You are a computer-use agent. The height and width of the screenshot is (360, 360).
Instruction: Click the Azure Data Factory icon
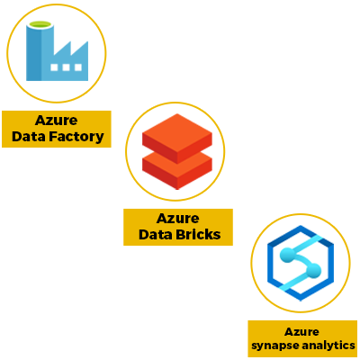click(x=57, y=51)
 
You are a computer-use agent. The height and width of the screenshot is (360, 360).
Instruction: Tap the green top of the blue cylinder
click(x=40, y=24)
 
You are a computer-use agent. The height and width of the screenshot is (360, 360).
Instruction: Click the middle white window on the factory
click(x=66, y=67)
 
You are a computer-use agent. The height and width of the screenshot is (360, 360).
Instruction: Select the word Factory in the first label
click(x=76, y=137)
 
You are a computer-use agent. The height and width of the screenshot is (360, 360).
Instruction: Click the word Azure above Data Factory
click(x=57, y=121)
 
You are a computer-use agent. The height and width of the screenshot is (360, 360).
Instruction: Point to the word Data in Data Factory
click(x=29, y=137)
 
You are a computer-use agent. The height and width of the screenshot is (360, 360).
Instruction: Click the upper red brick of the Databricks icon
click(x=177, y=138)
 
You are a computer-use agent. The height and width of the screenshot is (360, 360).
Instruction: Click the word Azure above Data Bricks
click(x=178, y=219)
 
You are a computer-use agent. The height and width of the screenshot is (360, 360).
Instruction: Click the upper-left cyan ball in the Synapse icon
click(x=287, y=255)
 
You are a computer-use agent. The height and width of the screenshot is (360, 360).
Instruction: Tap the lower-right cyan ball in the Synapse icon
click(x=314, y=270)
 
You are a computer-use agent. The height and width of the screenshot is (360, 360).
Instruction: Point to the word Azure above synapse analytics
click(x=301, y=332)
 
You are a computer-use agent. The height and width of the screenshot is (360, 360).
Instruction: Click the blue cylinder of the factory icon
click(x=40, y=51)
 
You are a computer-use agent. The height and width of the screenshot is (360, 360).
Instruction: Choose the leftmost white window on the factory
click(x=54, y=67)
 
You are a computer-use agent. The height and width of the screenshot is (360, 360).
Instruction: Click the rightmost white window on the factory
click(x=78, y=67)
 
